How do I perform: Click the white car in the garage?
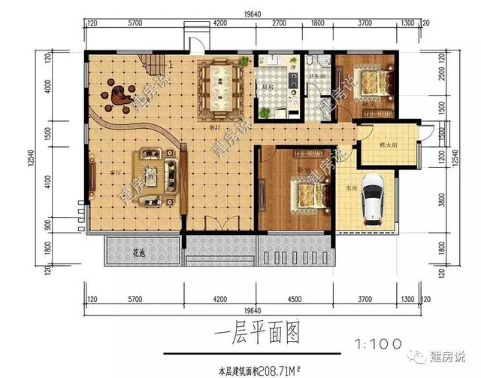click(373, 200)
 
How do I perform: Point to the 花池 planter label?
click(137, 251)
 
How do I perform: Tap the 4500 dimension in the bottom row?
click(295, 299)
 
